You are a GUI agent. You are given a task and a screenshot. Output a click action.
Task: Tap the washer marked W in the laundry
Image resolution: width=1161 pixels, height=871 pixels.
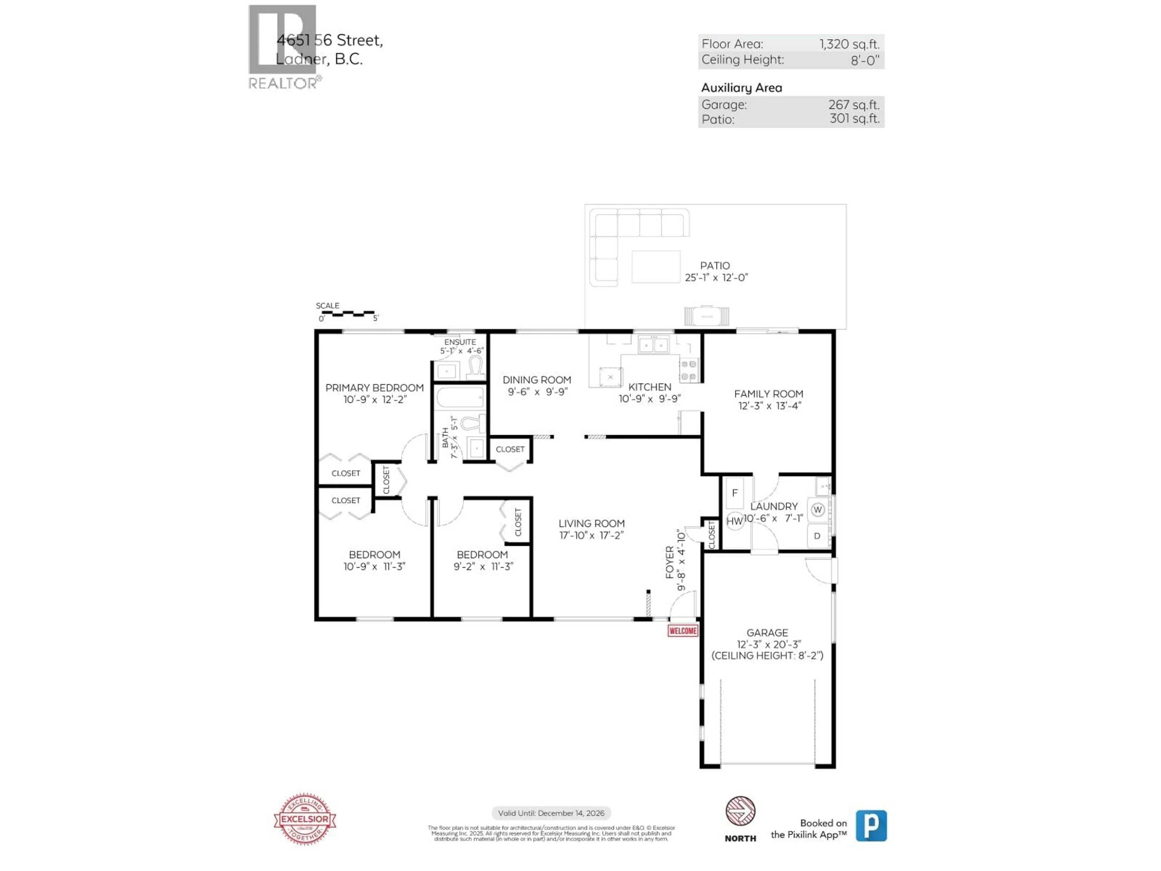(817, 509)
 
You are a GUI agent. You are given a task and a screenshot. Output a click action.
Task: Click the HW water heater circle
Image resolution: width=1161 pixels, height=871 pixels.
(734, 521)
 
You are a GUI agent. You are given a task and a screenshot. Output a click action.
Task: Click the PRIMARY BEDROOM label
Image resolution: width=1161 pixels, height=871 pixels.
(374, 387)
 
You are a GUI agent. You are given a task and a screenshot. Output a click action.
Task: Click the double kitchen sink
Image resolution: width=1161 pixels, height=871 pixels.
(653, 345)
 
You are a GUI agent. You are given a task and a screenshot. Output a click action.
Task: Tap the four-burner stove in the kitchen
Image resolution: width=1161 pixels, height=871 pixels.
(689, 370)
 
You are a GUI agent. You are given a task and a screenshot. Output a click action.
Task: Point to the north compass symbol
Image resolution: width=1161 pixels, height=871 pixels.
(740, 811)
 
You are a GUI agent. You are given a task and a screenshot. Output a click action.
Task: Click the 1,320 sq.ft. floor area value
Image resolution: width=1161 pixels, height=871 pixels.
(849, 44)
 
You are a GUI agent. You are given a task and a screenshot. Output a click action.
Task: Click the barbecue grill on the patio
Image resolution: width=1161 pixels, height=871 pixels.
(707, 316)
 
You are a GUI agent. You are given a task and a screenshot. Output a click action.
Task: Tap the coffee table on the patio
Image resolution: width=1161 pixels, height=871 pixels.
(655, 267)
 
